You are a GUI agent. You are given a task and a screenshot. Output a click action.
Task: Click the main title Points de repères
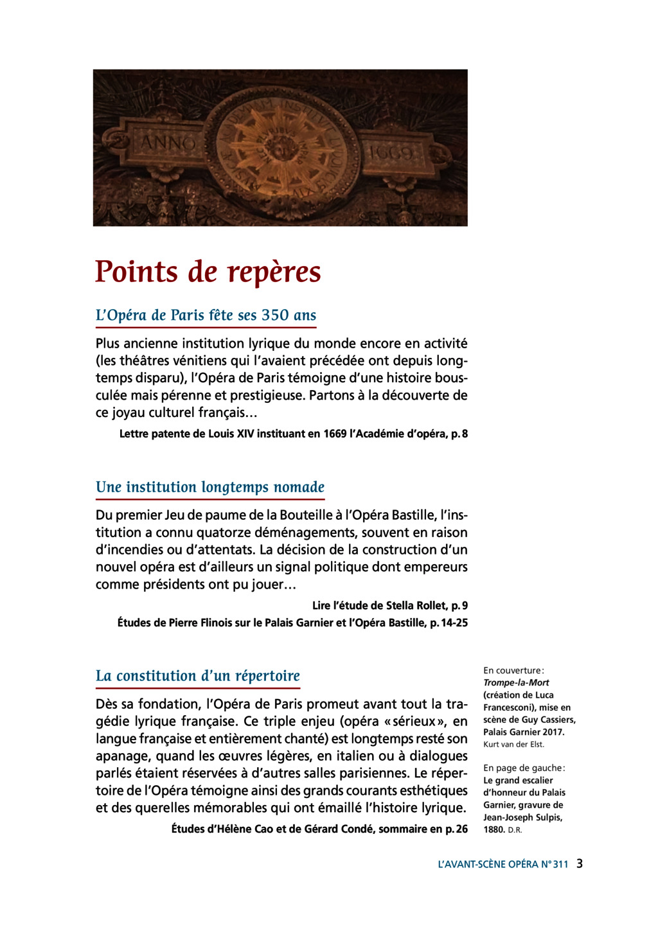[208, 272]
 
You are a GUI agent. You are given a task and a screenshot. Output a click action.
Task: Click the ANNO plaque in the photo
[168, 143]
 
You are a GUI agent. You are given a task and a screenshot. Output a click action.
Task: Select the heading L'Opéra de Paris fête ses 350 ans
[206, 315]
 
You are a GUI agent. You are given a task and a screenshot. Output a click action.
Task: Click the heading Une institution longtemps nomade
[210, 487]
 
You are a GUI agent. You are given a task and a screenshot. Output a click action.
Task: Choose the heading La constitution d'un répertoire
[197, 676]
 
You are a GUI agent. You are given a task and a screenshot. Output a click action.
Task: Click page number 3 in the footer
[580, 864]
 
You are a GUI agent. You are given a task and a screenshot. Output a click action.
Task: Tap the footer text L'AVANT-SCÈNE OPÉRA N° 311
[502, 864]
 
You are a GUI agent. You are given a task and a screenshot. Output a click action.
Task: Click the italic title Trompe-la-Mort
[516, 682]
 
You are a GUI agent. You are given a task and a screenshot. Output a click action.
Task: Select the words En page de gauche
[524, 768]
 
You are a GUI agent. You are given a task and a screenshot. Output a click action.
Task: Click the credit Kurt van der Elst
[513, 744]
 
